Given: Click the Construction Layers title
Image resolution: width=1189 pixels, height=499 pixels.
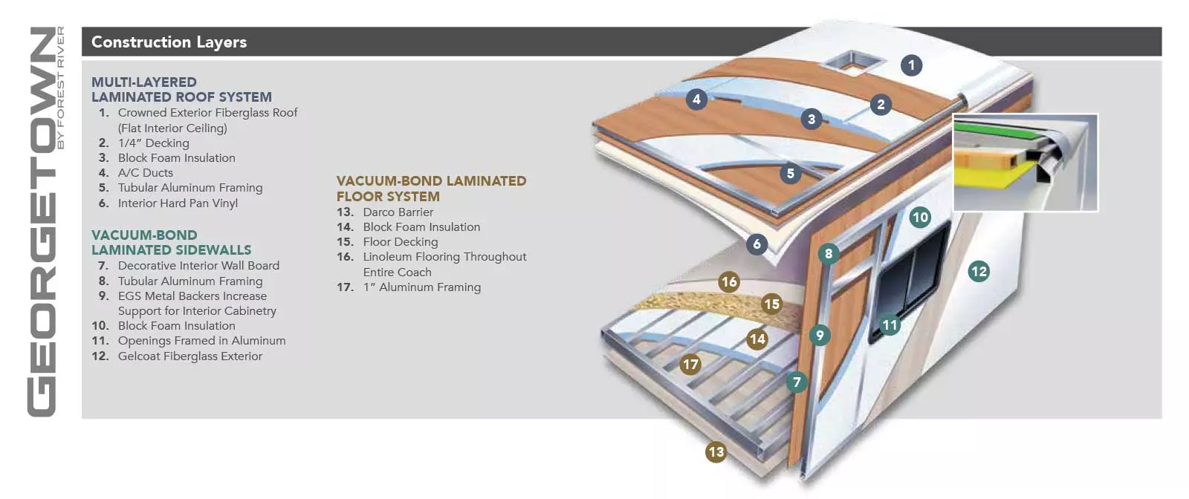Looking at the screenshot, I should point(169,42).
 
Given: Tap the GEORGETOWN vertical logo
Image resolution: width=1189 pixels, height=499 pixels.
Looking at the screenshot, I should point(43,222).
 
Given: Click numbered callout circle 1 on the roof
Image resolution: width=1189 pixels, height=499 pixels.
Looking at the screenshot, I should point(911,65).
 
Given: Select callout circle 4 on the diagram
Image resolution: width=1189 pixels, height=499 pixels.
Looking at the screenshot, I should point(696,99).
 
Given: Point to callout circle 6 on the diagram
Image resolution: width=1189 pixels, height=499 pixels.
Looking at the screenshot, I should point(757,244).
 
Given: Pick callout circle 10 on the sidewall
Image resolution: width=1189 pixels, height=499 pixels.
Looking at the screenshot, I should point(920,217).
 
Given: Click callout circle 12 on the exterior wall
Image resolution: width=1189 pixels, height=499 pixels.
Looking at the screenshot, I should point(979,271).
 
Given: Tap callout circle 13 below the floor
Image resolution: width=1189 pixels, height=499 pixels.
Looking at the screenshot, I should point(716,451).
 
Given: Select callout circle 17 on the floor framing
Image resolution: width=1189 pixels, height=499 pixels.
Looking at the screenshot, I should point(690,364).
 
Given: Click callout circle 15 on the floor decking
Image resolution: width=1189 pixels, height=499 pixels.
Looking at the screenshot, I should point(772,303).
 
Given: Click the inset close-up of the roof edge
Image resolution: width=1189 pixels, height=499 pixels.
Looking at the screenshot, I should point(1025,162).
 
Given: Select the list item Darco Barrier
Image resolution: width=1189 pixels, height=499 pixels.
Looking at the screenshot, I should point(398,212).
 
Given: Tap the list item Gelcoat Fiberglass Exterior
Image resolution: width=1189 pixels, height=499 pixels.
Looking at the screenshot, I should point(189,356).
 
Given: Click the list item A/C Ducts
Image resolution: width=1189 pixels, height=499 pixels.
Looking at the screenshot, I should point(145,173).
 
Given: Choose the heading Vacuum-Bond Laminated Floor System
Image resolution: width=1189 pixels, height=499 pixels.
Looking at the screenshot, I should point(431,189).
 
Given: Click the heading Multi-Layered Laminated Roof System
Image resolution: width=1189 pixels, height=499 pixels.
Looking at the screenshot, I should point(181,89).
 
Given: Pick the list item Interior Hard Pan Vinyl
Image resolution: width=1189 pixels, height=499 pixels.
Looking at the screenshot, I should point(178,203).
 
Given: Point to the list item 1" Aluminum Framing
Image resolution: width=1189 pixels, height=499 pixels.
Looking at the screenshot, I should point(421,287).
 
